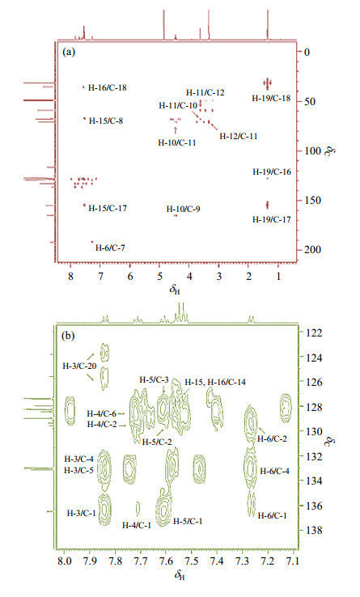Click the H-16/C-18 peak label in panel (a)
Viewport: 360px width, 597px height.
pyautogui.click(x=107, y=87)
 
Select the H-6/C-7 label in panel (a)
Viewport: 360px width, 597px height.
pyautogui.click(x=110, y=248)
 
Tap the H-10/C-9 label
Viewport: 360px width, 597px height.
pyautogui.click(x=184, y=209)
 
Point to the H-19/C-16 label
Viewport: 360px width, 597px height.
pyautogui.click(x=272, y=171)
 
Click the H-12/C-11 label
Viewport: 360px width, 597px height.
pyautogui.click(x=239, y=136)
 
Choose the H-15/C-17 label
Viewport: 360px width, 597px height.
pyautogui.click(x=108, y=208)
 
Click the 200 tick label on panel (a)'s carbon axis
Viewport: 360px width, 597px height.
pyautogui.click(x=313, y=249)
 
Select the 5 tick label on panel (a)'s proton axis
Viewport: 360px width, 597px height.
pyautogui.click(x=159, y=277)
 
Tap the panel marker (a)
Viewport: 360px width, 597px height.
pyautogui.click(x=69, y=52)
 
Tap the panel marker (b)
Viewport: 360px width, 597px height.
pyautogui.click(x=69, y=336)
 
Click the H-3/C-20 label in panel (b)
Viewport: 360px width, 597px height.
pyautogui.click(x=79, y=366)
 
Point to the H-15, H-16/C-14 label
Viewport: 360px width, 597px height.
pyautogui.click(x=215, y=382)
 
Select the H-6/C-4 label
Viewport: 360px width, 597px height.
pyautogui.click(x=275, y=471)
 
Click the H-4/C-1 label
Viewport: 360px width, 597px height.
pyautogui.click(x=137, y=525)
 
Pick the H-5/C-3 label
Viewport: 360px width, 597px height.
pyautogui.click(x=154, y=379)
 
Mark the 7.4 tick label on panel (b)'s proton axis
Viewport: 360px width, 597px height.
pyautogui.click(x=217, y=561)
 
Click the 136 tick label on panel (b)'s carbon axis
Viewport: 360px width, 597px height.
pyautogui.click(x=314, y=506)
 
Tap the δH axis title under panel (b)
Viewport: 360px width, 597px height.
pyautogui.click(x=180, y=575)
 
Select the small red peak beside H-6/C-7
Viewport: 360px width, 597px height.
pyautogui.click(x=92, y=242)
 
